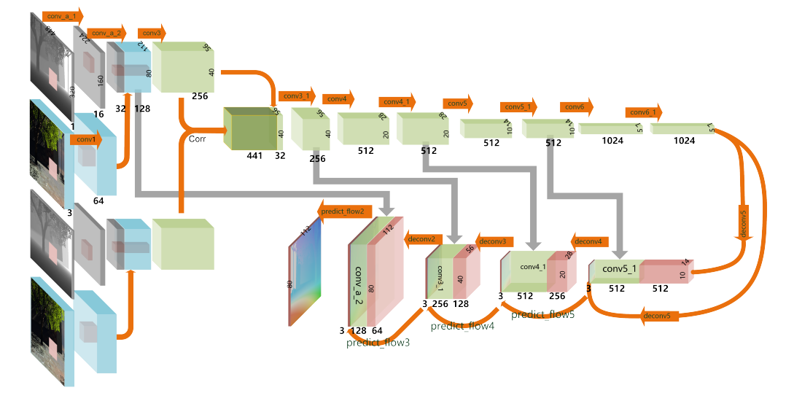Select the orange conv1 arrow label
(86, 140)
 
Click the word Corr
(196, 138)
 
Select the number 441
(254, 155)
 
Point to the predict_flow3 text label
(378, 343)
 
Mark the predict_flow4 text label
(462, 326)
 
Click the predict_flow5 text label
(542, 314)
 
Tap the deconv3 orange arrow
(495, 241)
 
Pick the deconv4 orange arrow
(590, 241)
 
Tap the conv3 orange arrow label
(152, 33)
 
